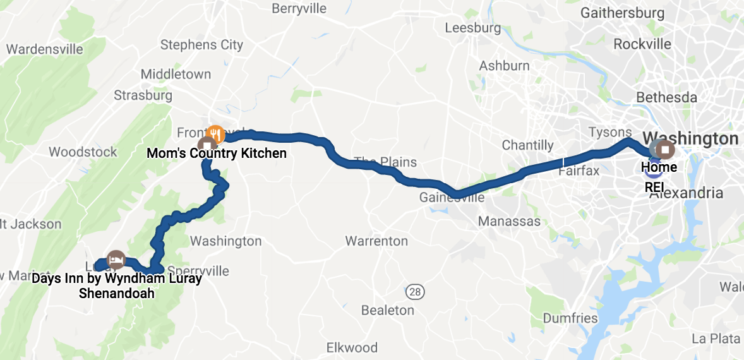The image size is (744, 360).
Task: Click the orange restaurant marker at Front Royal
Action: (x=215, y=133)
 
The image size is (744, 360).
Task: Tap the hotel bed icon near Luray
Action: (x=115, y=259)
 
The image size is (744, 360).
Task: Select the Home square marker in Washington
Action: (x=666, y=150)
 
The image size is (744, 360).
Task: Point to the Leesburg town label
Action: (x=472, y=28)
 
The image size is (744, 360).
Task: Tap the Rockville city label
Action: (x=642, y=44)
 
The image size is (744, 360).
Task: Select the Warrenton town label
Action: (x=376, y=241)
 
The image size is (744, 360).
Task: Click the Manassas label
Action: (x=509, y=221)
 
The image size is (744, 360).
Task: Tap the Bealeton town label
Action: (x=387, y=310)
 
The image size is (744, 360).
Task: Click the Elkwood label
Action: (x=352, y=347)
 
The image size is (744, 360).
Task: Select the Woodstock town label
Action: (x=83, y=152)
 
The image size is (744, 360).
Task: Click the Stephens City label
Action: (x=201, y=45)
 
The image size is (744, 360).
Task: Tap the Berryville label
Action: (x=299, y=9)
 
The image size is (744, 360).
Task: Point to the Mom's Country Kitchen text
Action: (x=216, y=153)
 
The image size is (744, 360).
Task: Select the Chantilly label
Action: (x=527, y=145)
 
